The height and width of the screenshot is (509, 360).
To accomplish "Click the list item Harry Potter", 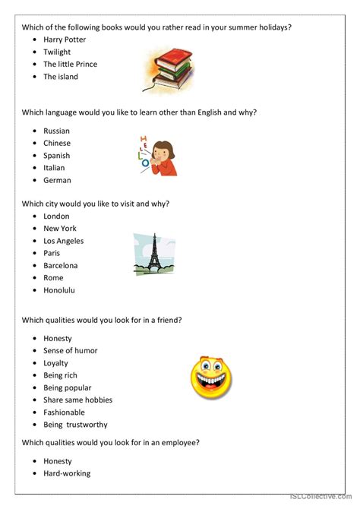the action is point(65,40).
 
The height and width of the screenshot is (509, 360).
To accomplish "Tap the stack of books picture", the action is point(166,69).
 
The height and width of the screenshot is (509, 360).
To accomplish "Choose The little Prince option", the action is point(71,65).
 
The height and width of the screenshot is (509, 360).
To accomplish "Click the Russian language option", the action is point(57,131).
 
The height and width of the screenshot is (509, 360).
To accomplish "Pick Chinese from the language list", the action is point(57,143).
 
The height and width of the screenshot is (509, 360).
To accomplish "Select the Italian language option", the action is point(55,168).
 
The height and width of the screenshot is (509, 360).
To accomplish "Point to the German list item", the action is point(58,180).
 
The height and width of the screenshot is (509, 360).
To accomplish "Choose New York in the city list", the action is point(60,229).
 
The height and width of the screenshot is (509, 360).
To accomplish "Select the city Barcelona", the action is point(61,266).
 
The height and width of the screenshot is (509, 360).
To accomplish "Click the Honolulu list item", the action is point(59,290).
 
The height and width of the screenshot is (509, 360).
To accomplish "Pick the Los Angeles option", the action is point(64,241).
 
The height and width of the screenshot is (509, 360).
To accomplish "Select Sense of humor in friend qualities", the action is point(71,351).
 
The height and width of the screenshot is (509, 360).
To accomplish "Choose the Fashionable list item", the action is point(65,413).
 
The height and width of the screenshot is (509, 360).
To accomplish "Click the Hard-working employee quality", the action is point(67,473).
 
